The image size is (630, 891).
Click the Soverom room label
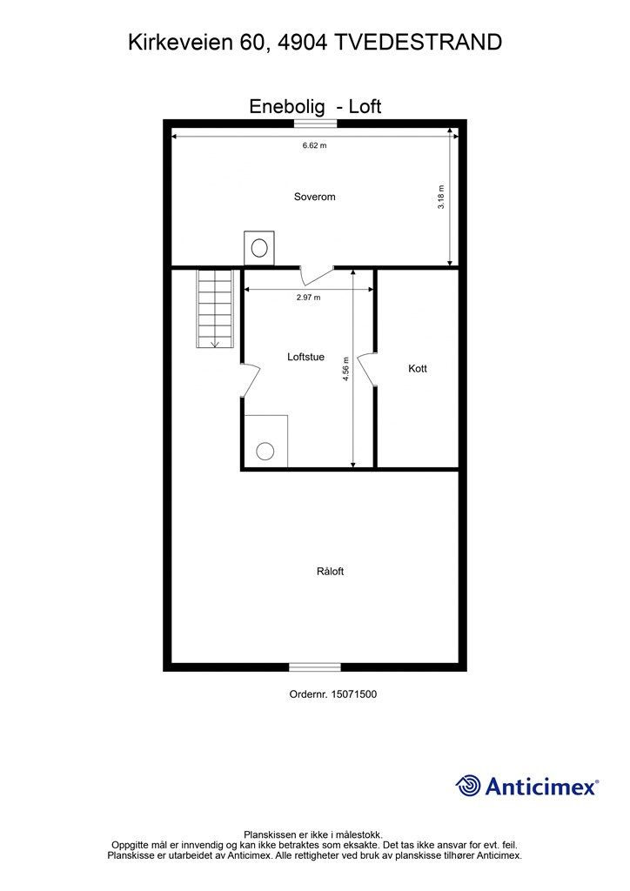[x=314, y=197]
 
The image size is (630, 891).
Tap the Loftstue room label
[x=305, y=357]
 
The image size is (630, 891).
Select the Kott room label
[x=418, y=369]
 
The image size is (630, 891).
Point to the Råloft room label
[x=331, y=572]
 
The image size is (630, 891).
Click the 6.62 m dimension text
[x=314, y=145]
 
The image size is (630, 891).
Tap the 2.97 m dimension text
[x=308, y=298]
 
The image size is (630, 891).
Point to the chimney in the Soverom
[x=258, y=247]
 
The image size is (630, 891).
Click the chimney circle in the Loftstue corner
[x=265, y=451]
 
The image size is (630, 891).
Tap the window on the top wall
[x=315, y=124]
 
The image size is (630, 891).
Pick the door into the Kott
[x=366, y=369]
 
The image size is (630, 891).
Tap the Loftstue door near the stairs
[x=251, y=379]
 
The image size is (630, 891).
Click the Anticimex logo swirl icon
[x=468, y=786]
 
